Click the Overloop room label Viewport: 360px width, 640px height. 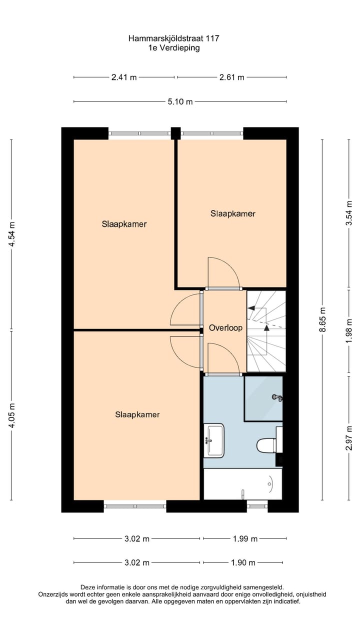225,328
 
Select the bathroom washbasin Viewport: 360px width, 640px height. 214,440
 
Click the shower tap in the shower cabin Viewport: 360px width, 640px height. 277,397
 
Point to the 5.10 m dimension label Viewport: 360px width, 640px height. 180,101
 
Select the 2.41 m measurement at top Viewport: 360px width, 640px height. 124,77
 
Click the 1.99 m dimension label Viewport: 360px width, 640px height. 245,538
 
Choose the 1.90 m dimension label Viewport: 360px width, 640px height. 243,562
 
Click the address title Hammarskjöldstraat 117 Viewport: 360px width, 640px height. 173,38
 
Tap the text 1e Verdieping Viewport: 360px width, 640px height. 173,48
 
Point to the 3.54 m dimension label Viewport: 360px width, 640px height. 349,214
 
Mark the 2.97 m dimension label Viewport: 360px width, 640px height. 349,437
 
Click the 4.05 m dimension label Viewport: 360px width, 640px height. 12,415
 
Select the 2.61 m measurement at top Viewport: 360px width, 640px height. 232,77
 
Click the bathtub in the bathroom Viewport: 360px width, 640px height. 243,484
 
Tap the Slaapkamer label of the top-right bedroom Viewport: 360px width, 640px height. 233,213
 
